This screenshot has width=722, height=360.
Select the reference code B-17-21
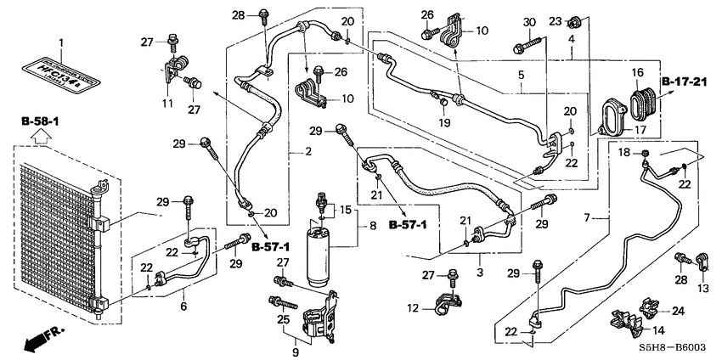point(685,82)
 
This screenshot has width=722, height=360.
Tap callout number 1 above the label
point(60,42)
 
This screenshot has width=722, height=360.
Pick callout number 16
point(636,73)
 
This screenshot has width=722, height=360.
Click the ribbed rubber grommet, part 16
point(641,98)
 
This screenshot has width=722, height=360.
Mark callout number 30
point(529,21)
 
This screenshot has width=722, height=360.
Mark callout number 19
point(443,121)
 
